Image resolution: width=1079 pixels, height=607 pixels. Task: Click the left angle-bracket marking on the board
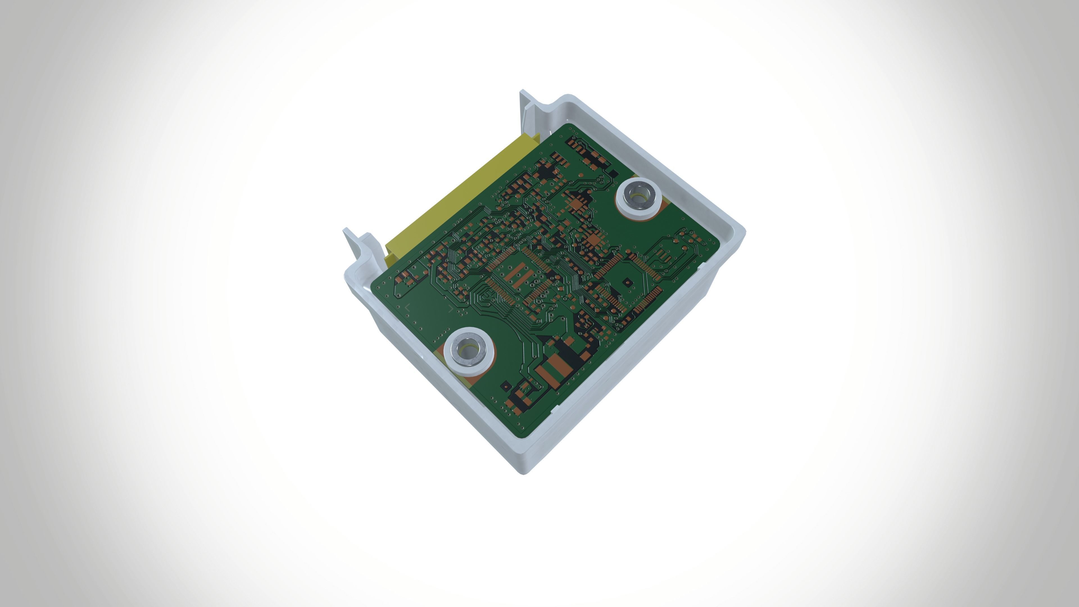coord(407,307)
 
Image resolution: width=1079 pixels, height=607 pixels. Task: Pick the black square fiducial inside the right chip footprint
coord(627,282)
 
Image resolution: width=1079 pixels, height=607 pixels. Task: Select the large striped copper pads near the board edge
coord(553,369)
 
